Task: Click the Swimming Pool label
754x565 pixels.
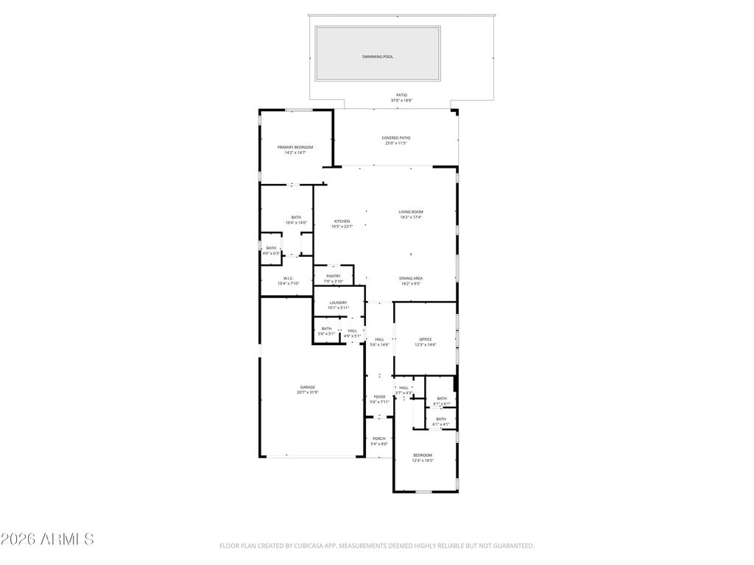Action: click(378, 57)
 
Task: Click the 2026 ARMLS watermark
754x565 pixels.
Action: click(48, 539)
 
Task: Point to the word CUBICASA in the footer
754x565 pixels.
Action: click(297, 546)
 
